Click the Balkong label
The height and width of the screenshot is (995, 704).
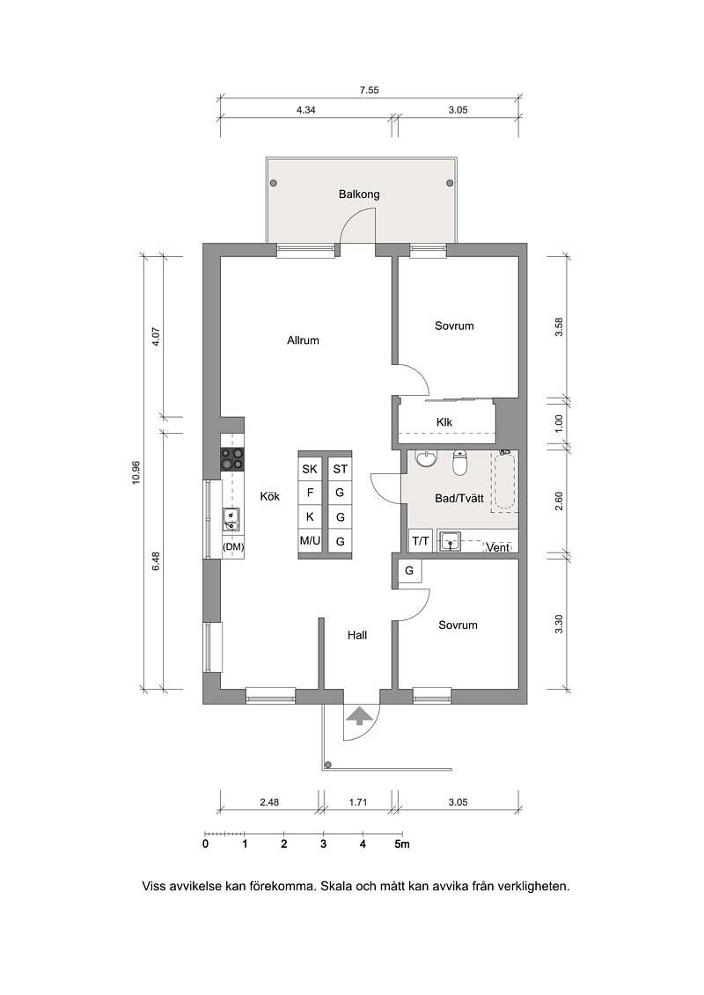359,194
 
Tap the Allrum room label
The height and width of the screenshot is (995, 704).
303,340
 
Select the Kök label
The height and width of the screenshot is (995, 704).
270,496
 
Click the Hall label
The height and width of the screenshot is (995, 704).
356,634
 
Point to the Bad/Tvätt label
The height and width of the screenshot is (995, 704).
459,498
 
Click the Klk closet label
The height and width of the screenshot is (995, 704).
444,422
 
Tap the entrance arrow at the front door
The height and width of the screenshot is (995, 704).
360,715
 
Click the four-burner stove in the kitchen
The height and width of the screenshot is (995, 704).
232,459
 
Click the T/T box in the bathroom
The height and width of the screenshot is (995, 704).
421,541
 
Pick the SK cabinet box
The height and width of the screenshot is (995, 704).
310,469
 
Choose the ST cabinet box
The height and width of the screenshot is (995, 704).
341,469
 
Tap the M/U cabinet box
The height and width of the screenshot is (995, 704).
310,541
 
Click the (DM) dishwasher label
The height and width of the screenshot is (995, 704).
233,546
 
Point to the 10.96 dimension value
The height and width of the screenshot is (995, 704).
136,472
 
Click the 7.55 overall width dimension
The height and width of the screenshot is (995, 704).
369,90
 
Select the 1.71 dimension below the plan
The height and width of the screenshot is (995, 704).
358,802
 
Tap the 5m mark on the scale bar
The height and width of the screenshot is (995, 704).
402,844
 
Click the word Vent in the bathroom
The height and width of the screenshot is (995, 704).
498,547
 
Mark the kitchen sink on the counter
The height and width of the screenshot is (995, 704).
231,519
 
